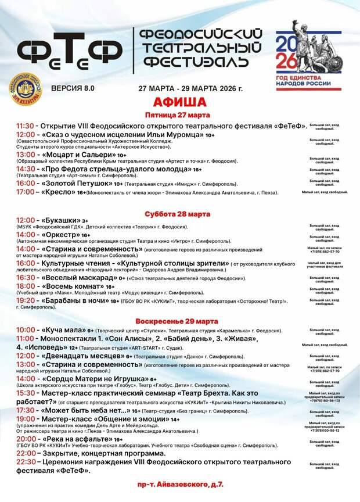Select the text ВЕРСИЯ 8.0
73,88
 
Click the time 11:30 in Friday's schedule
26,125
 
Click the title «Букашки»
60,221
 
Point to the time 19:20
26,301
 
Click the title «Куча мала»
65,329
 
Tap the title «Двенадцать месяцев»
82,356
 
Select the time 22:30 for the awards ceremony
26,461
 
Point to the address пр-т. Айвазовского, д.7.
181,483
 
